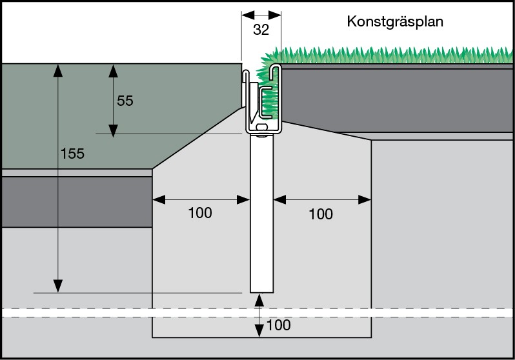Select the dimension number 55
pos(125,101)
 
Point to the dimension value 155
pos(72,154)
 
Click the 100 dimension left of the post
pos(199,213)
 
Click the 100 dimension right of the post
pos(321,214)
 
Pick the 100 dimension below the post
pos(278,325)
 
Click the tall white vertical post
pos(261,213)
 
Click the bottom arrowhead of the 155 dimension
pos(58,286)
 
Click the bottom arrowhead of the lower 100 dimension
pos(259,331)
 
